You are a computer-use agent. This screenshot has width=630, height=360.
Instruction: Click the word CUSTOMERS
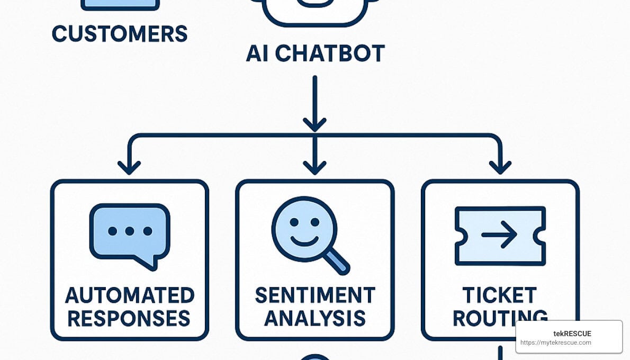120,34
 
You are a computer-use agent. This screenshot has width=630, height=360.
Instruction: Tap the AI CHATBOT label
315,54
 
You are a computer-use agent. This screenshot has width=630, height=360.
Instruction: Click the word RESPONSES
129,319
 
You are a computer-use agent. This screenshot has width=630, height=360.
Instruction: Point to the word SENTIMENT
315,295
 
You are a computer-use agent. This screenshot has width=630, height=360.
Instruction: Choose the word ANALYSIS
315,319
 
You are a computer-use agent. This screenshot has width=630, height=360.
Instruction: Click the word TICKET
499,295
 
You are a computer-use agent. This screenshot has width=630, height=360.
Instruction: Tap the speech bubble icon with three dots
130,233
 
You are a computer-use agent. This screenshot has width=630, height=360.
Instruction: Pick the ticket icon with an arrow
500,236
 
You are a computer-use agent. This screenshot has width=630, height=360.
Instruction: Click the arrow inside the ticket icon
499,235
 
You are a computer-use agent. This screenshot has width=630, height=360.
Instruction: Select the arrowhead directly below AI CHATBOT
315,125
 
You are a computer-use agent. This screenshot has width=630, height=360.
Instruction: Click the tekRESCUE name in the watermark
569,334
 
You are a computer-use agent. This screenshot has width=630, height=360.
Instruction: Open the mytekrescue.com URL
555,343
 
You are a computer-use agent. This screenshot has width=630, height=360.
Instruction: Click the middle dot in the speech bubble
130,231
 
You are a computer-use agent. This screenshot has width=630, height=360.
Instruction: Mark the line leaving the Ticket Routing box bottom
499,352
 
